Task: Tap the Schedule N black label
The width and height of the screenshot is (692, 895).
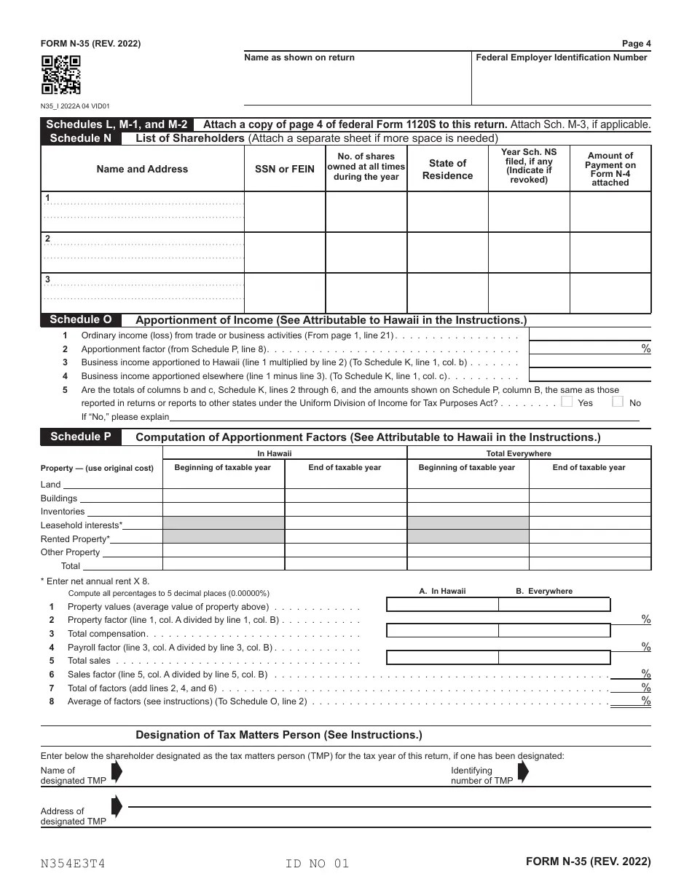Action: coord(80,138)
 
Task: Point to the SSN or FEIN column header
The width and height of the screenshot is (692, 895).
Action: coord(285,169)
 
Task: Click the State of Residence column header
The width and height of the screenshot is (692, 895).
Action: coord(447,169)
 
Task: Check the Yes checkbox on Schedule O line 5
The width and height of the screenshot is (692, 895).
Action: coord(567,402)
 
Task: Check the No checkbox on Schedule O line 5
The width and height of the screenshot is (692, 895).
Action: coord(618,402)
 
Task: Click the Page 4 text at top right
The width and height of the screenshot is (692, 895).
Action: coord(636,44)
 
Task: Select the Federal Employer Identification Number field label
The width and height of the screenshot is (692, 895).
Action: coord(561,57)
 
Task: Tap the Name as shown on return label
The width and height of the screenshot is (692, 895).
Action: coord(299,57)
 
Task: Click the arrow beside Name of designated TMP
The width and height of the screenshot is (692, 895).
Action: coord(117,773)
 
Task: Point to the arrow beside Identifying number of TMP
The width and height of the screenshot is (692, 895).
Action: coord(522,773)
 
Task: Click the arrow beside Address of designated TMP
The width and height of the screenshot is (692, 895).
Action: coord(117,806)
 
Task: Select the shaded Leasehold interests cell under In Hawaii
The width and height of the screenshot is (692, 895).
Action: coord(223,524)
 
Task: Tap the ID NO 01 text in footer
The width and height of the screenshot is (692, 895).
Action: coord(318,864)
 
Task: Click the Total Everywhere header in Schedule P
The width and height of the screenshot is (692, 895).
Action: coord(529,453)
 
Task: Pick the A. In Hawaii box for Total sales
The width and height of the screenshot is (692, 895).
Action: coord(441,658)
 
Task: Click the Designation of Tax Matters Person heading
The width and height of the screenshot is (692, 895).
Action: coord(279,735)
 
